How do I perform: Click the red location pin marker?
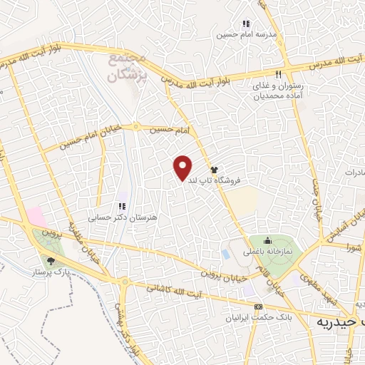coord(183,168)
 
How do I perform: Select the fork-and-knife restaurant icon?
coord(278,74)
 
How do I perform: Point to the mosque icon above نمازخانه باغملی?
coord(267,240)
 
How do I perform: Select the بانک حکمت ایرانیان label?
coord(249,317)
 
